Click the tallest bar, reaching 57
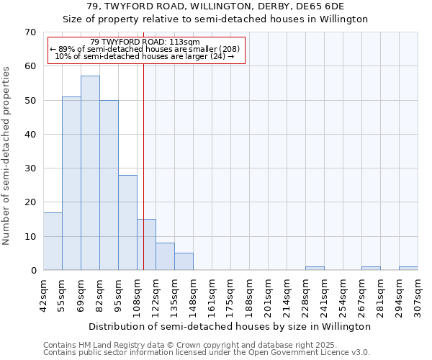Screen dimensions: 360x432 coord(90,173)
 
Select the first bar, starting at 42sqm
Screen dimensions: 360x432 coord(53,241)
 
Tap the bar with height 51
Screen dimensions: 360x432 coord(71,184)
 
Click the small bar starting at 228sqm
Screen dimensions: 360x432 coord(315,269)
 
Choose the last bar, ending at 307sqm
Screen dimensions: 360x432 coord(408,269)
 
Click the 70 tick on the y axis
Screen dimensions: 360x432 coord(30,32)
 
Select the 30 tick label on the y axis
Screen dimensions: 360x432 coord(30,168)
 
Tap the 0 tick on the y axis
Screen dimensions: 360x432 coord(33,271)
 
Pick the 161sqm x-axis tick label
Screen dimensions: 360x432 coord(212,293)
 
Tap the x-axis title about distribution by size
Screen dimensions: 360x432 coord(230,326)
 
